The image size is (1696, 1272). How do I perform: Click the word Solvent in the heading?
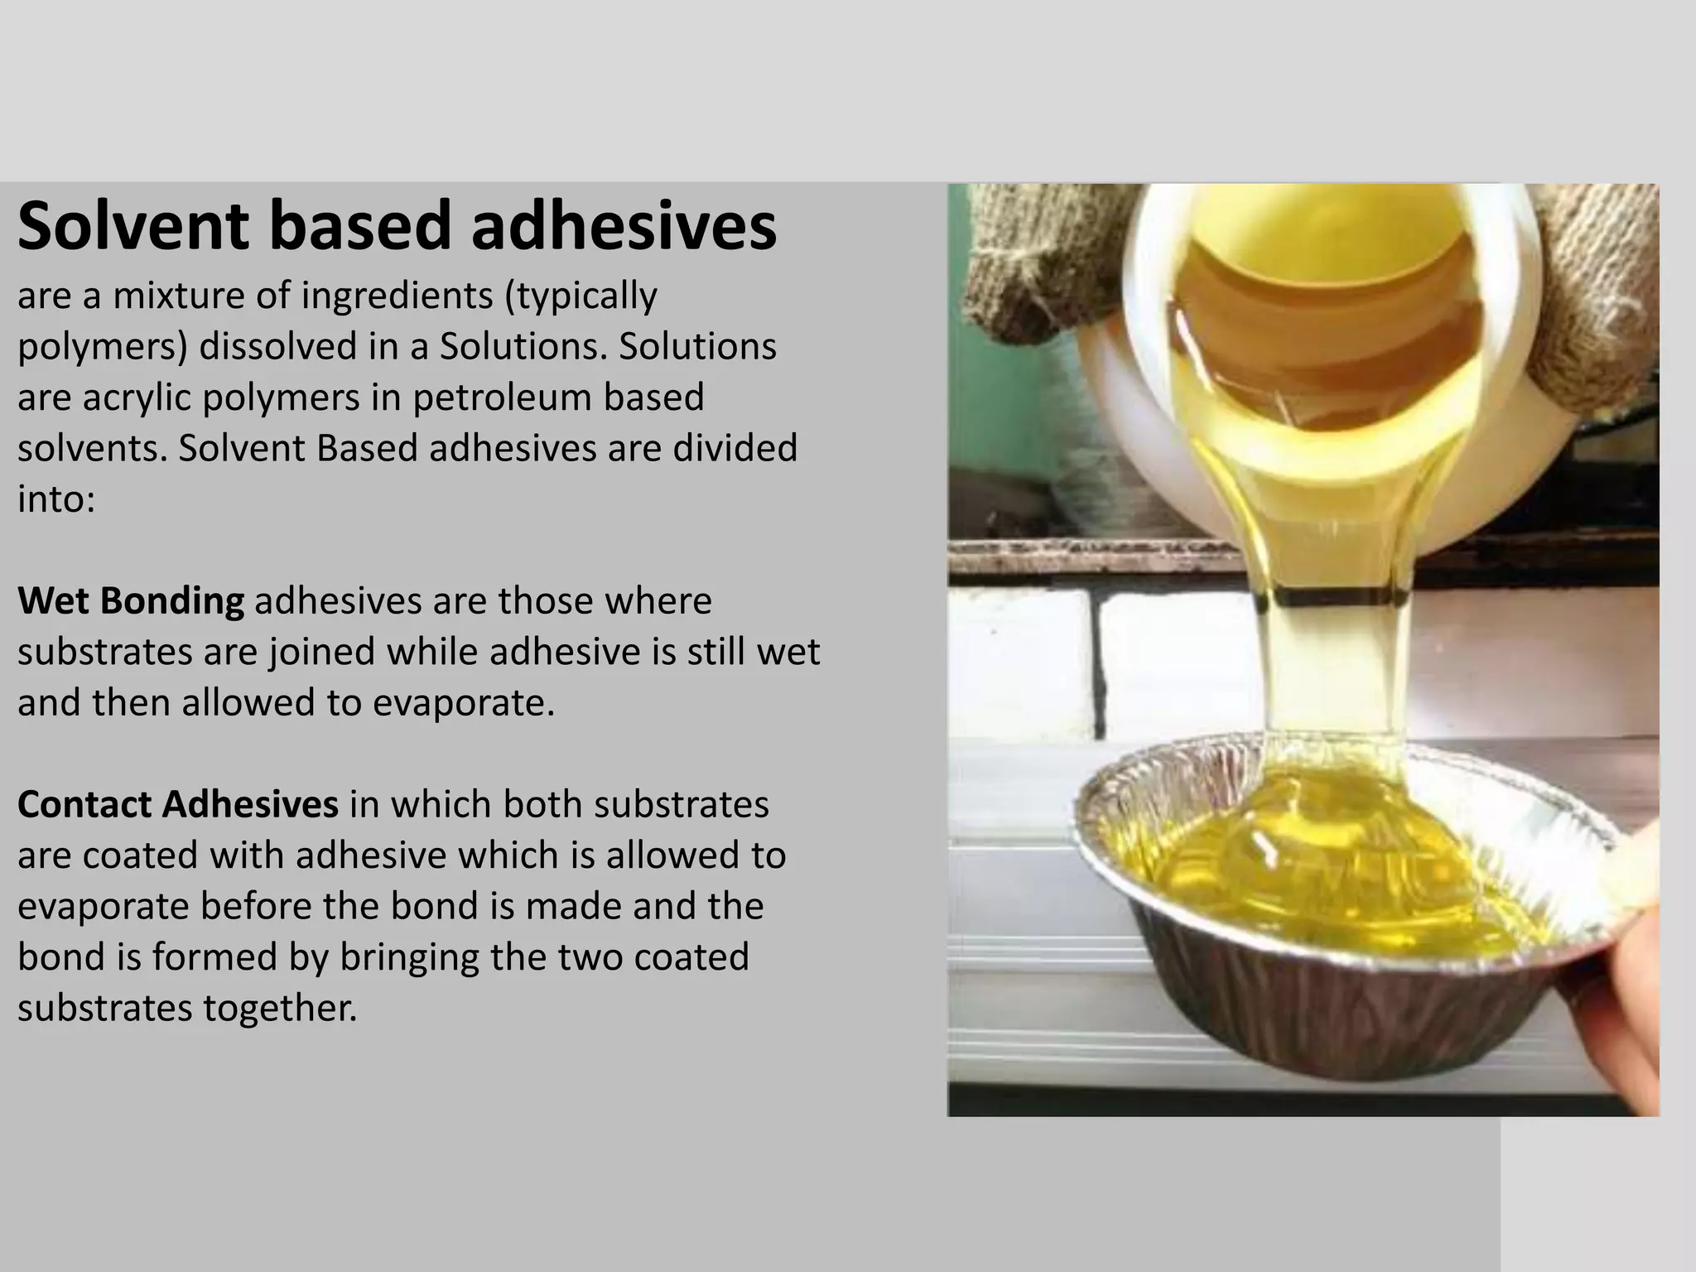132,226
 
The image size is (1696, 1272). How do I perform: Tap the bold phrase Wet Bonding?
131,601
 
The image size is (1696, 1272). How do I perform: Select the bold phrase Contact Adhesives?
177,805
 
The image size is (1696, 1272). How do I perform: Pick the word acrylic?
137,397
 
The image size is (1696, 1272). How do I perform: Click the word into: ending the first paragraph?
56,499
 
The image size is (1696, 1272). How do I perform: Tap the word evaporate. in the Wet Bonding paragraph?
463,703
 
